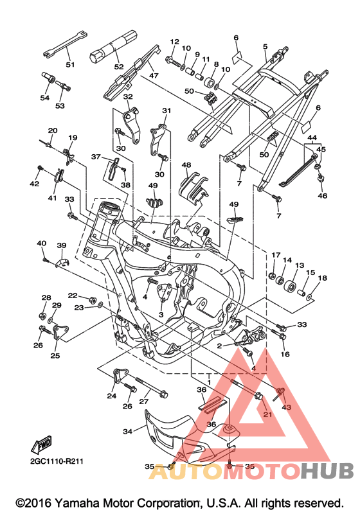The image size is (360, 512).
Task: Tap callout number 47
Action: [154, 75]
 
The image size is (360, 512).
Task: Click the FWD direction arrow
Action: [42, 444]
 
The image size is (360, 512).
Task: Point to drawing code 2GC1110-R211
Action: [57, 461]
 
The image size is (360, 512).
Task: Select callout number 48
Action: [186, 165]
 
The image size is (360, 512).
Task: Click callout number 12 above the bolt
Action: [175, 42]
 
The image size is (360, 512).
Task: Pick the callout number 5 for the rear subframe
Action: [265, 47]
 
